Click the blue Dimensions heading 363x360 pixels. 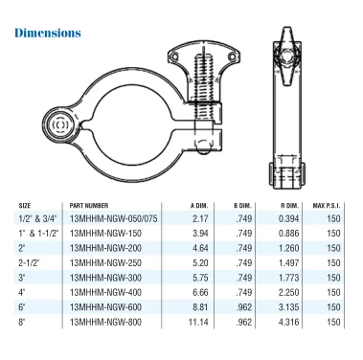pos(48,33)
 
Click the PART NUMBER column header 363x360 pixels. pos(89,206)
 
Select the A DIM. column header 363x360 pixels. pos(199,206)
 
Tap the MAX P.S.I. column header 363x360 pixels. pos(327,206)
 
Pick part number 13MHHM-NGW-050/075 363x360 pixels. pos(113,218)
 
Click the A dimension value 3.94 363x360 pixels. pos(200,234)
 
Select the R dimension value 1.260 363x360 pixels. pos(288,248)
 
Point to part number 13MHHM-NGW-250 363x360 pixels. pos(105,263)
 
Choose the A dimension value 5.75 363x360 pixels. pos(200,278)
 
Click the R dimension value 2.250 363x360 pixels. pos(288,292)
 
